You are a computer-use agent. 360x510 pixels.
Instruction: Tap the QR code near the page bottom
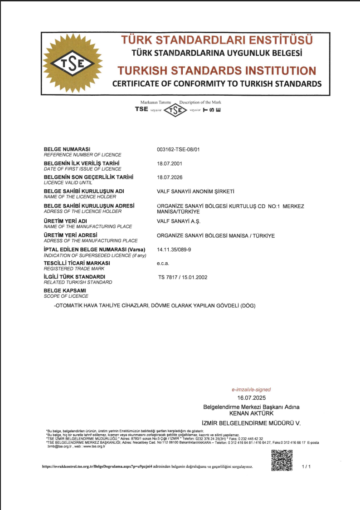[282, 460]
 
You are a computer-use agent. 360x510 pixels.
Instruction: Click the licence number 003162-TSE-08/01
[178, 149]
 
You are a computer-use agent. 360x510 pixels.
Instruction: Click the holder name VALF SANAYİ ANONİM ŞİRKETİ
[195, 191]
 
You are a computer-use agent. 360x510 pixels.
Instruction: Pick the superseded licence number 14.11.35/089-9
[174, 250]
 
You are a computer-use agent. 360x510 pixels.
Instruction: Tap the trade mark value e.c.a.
[163, 263]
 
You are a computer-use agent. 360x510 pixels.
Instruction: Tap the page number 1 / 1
[306, 466]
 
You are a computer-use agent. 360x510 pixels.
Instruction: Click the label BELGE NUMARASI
[67, 149]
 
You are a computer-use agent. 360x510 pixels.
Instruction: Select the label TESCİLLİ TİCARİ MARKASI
[77, 263]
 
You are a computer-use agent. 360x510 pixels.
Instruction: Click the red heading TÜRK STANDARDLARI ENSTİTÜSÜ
[217, 40]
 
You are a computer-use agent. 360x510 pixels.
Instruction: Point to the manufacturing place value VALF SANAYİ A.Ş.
[178, 221]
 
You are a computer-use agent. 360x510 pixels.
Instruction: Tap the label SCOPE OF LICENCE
[66, 296]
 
